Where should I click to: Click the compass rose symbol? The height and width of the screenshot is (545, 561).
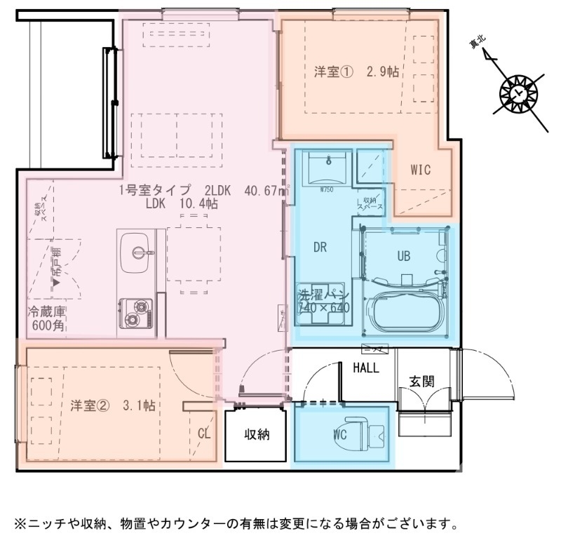tap(518, 93)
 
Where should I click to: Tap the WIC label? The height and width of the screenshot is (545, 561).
tap(420, 170)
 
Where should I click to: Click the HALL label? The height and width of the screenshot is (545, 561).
tap(365, 368)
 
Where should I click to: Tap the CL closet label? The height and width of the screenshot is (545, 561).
tap(203, 433)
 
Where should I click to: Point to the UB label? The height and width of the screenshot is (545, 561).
tap(404, 256)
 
